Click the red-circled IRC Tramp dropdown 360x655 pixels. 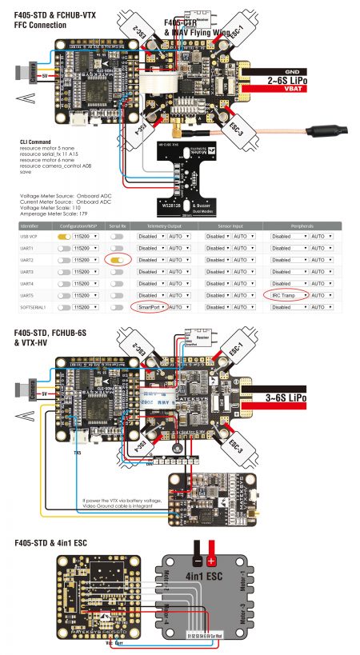(283, 295)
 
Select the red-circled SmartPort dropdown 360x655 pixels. (151, 306)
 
